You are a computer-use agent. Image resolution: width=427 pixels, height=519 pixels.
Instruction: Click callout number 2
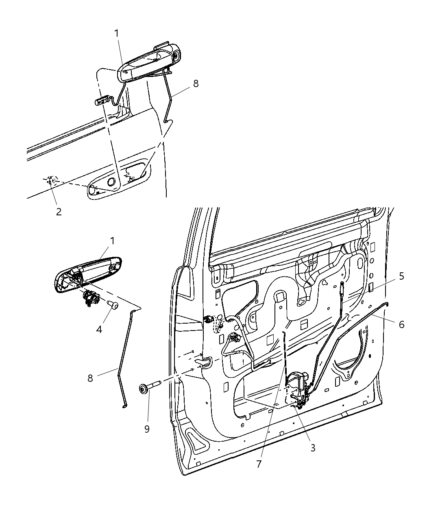click(59, 212)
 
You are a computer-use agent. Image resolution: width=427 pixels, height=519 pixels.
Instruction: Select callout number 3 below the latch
click(312, 448)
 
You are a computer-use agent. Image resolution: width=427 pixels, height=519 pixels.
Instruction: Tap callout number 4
click(99, 328)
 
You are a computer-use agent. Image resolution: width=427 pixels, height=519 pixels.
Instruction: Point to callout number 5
click(401, 276)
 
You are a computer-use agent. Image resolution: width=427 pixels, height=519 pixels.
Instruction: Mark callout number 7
click(259, 464)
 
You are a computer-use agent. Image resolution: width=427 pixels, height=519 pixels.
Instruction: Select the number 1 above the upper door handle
click(117, 33)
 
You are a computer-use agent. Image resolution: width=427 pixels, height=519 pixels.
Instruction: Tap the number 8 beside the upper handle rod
click(196, 83)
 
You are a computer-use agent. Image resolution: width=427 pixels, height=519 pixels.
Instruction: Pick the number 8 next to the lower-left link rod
click(90, 378)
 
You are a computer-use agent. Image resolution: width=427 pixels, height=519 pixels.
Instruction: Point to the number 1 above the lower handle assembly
click(112, 241)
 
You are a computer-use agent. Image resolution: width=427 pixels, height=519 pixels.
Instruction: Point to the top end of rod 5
click(342, 284)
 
